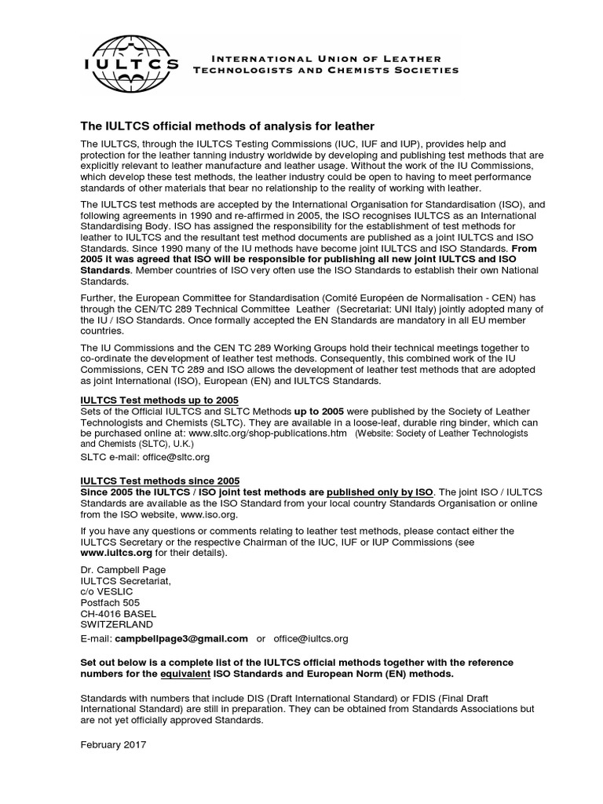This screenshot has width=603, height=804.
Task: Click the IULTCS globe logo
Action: (131, 63)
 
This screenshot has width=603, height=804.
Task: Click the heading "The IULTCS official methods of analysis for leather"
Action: (228, 126)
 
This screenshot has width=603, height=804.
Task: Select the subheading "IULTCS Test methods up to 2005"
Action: (160, 400)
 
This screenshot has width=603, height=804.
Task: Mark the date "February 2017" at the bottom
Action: (113, 743)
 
